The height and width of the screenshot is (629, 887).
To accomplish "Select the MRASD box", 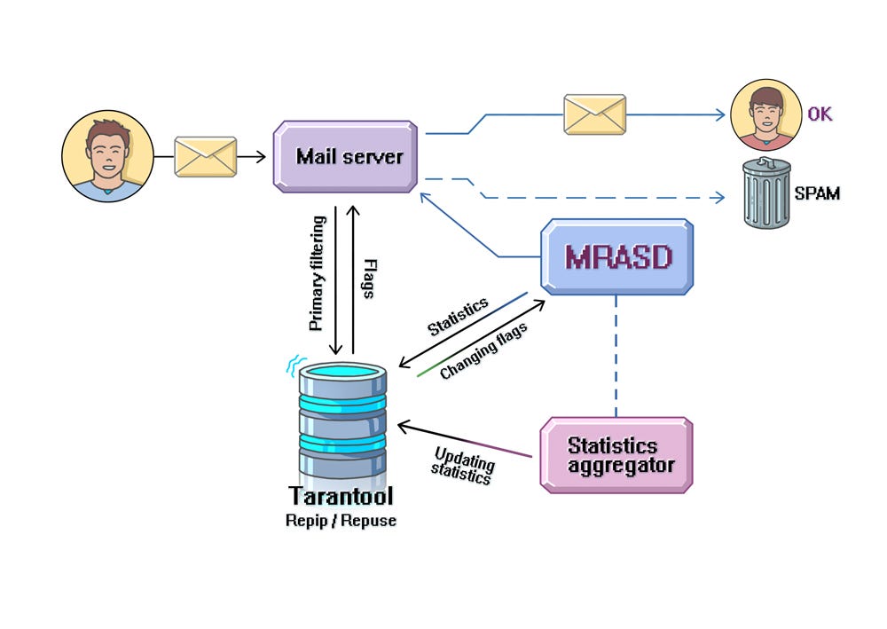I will [x=617, y=257].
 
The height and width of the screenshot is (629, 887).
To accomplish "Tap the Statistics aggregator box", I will [x=616, y=454].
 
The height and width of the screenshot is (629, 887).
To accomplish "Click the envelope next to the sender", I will [x=205, y=157].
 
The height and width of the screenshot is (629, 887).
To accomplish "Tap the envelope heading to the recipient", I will [x=595, y=114].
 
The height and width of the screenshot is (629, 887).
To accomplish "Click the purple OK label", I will [x=820, y=114].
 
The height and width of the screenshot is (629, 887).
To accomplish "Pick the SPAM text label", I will [x=817, y=193].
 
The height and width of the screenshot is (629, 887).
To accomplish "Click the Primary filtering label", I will [x=317, y=273].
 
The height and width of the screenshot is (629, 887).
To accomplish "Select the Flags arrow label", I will [x=370, y=278].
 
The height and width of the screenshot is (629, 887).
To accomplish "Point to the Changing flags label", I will [x=483, y=350].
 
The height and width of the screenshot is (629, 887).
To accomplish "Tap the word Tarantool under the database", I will [x=341, y=496].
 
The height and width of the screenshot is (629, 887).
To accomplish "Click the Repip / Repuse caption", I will [x=341, y=521].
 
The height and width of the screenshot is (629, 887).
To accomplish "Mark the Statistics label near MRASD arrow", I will [x=458, y=317].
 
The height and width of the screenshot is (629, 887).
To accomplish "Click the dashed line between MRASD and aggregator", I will [x=616, y=355].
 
